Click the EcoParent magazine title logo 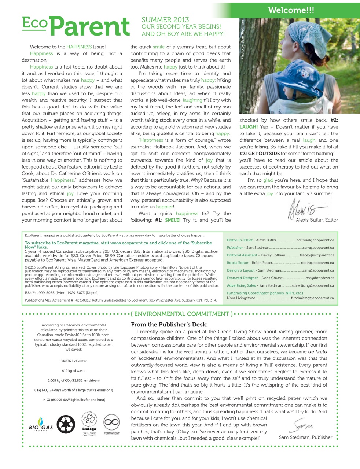tap(76, 26)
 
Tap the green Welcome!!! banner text tap(291, 10)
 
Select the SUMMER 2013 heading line tap(165, 20)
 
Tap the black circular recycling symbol tap(66, 424)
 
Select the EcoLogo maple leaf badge tap(89, 423)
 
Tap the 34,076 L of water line tap(74, 361)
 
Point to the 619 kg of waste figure tap(74, 371)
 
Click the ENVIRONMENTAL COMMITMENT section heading tap(182, 314)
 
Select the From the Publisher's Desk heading tap(169, 325)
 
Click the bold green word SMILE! tap(173, 220)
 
